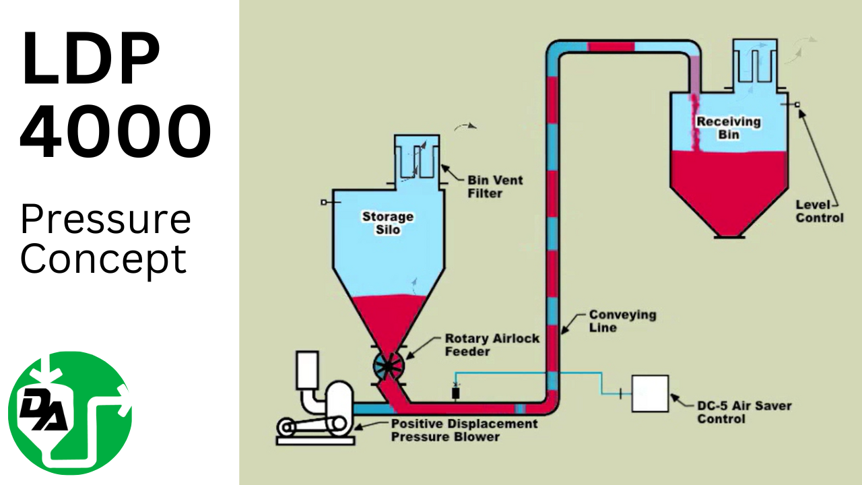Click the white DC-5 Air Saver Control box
(650, 393)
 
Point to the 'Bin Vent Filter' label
(495, 187)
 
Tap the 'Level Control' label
(819, 211)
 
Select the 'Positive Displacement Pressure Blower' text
(465, 430)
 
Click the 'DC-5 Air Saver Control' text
(743, 412)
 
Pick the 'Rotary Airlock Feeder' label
(492, 344)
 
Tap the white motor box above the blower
(307, 370)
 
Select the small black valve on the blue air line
(455, 393)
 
